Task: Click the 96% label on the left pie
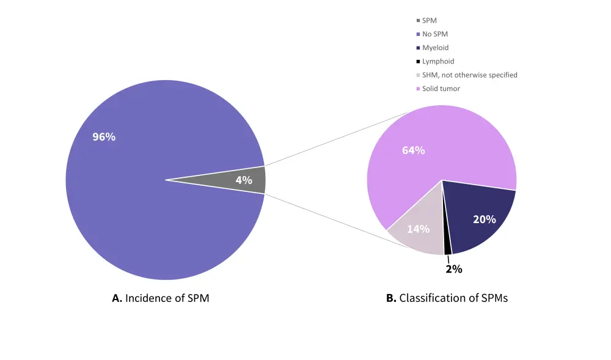pos(104,137)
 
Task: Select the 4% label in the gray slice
pos(244,180)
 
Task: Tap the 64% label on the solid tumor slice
pos(414,150)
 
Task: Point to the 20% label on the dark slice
pos(485,219)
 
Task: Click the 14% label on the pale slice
pos(419,229)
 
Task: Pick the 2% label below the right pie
pos(454,268)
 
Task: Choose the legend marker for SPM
pos(418,21)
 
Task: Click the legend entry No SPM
pos(435,34)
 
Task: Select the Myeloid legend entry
pos(436,48)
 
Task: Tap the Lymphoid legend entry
pos(438,61)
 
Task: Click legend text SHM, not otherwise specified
pos(470,75)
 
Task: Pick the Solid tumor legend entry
pos(441,89)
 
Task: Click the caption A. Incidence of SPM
pos(161,299)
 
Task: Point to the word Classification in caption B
pos(431,299)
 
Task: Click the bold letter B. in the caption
pos(391,299)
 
